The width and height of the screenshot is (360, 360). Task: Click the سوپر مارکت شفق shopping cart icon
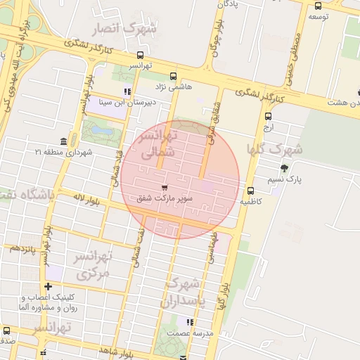pos(165,188)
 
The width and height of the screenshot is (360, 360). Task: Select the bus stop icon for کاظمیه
pos(251,191)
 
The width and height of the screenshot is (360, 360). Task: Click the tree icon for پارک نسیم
pos(284,168)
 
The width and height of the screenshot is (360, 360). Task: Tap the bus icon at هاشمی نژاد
pos(174,76)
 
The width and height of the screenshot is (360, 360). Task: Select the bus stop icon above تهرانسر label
pos(141,55)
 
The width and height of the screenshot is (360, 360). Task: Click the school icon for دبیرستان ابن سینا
pos(127,91)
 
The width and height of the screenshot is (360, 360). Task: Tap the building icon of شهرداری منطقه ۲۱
pos(64,141)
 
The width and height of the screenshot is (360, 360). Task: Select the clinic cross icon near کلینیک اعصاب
pos(48,286)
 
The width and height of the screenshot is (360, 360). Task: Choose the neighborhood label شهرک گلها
pos(275,149)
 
